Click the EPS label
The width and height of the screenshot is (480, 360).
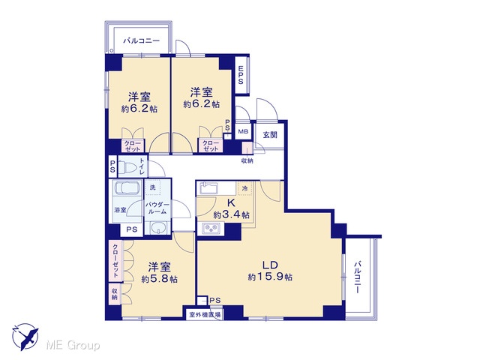pos(241,75)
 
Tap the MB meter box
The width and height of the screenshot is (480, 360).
pos(243,132)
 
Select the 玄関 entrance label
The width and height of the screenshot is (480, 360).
pos(270,134)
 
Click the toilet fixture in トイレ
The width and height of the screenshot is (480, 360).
pos(128,167)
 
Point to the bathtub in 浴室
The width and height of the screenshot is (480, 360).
pos(127,188)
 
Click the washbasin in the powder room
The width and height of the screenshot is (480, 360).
pos(158,228)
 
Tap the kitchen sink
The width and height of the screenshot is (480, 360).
pos(208,187)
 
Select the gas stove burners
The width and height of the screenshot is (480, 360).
pos(211,228)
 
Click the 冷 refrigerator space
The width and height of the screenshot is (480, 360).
pos(244,188)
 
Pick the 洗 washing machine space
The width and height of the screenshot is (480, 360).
pos(152,187)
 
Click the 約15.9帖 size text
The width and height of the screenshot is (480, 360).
pos(270,277)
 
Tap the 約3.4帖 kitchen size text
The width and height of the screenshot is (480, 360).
pos(231,214)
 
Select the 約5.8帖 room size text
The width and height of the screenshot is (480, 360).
pos(159,279)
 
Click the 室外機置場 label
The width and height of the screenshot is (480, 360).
pos(205,314)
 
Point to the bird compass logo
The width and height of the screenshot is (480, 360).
pos(26,337)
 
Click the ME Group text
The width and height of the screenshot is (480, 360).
pos(73,345)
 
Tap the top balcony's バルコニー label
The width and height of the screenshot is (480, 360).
pos(142,40)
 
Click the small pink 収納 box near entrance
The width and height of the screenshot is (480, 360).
pos(247,148)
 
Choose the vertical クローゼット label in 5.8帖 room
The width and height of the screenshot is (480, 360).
pos(116,261)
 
